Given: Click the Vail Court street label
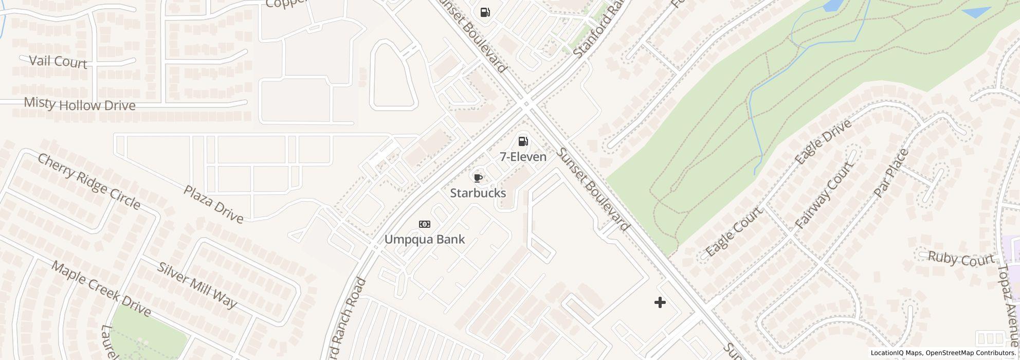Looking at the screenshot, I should pos(58,62).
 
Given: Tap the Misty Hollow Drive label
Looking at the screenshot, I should pos(80,105).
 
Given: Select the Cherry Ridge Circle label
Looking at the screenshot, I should pos(89,182).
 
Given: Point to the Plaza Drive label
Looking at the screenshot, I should pos(213,204).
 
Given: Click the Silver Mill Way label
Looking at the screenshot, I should pos(197,285).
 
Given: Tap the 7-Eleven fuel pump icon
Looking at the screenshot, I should pos(523,141).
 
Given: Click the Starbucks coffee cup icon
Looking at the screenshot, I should pos(478,178).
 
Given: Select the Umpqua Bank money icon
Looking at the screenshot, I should pos(425,224).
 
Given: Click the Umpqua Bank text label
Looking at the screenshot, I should pos(425,239).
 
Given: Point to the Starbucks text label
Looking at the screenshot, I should pos(478,193).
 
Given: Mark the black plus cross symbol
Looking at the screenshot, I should pos(660,302).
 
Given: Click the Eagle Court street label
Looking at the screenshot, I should pos(734,232).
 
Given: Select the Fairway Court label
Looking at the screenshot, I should pos(824,195).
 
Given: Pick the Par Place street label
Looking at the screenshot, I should pos(891,172).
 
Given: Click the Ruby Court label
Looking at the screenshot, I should pos(960,259).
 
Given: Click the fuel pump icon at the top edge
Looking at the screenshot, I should pos(485,12).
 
